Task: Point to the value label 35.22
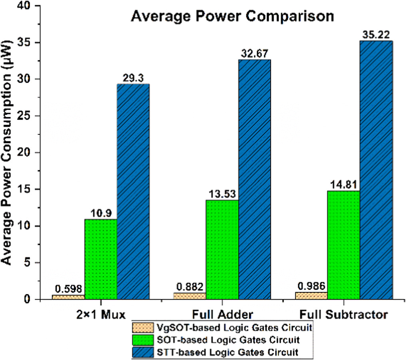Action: (x=376, y=34)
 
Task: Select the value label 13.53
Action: (x=222, y=194)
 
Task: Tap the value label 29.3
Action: (x=133, y=78)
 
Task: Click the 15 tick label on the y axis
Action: (x=27, y=189)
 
